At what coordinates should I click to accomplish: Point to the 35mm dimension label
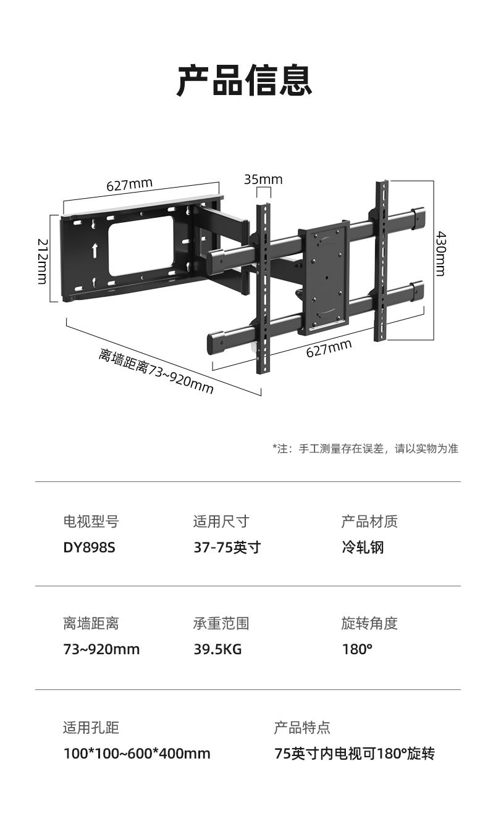[263, 179]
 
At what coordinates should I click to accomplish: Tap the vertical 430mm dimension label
[440, 254]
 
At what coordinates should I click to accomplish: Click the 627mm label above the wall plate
[129, 185]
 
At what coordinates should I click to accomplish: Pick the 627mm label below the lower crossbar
[329, 349]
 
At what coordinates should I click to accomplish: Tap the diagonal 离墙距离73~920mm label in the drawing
[156, 371]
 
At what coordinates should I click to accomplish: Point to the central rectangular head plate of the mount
[323, 281]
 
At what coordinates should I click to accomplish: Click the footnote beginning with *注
[365, 449]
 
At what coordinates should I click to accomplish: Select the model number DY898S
[89, 547]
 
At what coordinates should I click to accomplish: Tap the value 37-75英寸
[227, 547]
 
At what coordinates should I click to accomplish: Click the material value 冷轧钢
[363, 547]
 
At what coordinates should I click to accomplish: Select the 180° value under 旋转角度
[357, 649]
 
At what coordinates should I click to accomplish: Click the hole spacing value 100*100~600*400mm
[137, 754]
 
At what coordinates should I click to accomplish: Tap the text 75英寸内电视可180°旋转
[355, 754]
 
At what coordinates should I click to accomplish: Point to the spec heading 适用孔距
[91, 728]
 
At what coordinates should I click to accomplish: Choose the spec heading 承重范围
[221, 623]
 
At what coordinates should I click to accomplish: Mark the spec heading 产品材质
[369, 522]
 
